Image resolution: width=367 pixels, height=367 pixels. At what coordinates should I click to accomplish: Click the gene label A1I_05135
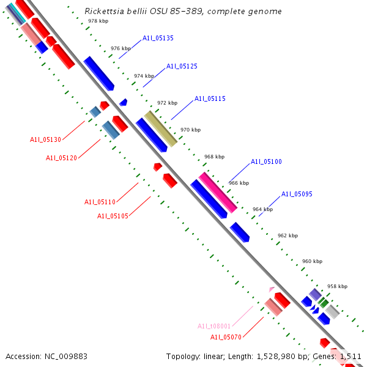coord(158,38)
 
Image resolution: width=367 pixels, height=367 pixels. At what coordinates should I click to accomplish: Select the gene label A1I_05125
coord(182,66)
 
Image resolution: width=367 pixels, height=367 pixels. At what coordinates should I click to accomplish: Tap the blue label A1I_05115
coord(210,98)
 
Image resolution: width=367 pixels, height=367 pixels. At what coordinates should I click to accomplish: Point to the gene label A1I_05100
coord(266,162)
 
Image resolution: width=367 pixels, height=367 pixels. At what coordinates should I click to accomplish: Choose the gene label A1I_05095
coord(297,195)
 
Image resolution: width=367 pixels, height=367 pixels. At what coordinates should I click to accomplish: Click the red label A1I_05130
coord(45,139)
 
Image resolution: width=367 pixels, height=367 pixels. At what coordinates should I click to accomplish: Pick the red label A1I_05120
coord(61,158)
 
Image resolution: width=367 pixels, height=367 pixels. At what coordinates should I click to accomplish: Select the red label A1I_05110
coord(100,202)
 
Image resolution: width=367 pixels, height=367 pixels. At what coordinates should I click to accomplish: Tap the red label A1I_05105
coord(113,216)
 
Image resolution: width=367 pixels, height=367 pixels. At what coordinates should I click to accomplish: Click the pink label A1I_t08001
coord(213,326)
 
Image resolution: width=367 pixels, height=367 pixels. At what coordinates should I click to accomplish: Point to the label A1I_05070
coord(226,337)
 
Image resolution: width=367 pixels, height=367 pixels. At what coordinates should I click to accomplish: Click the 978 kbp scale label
coord(98,21)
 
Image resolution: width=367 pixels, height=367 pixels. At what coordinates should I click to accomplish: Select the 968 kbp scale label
coord(214,157)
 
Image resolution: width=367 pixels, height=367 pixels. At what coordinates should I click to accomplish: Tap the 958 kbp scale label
coord(337,286)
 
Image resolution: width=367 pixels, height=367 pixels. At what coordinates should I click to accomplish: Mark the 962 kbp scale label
coord(287,235)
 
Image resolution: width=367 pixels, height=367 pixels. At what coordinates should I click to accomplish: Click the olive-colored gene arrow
coord(160,128)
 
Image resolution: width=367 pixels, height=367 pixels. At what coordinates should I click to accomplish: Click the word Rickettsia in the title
coord(103,11)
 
